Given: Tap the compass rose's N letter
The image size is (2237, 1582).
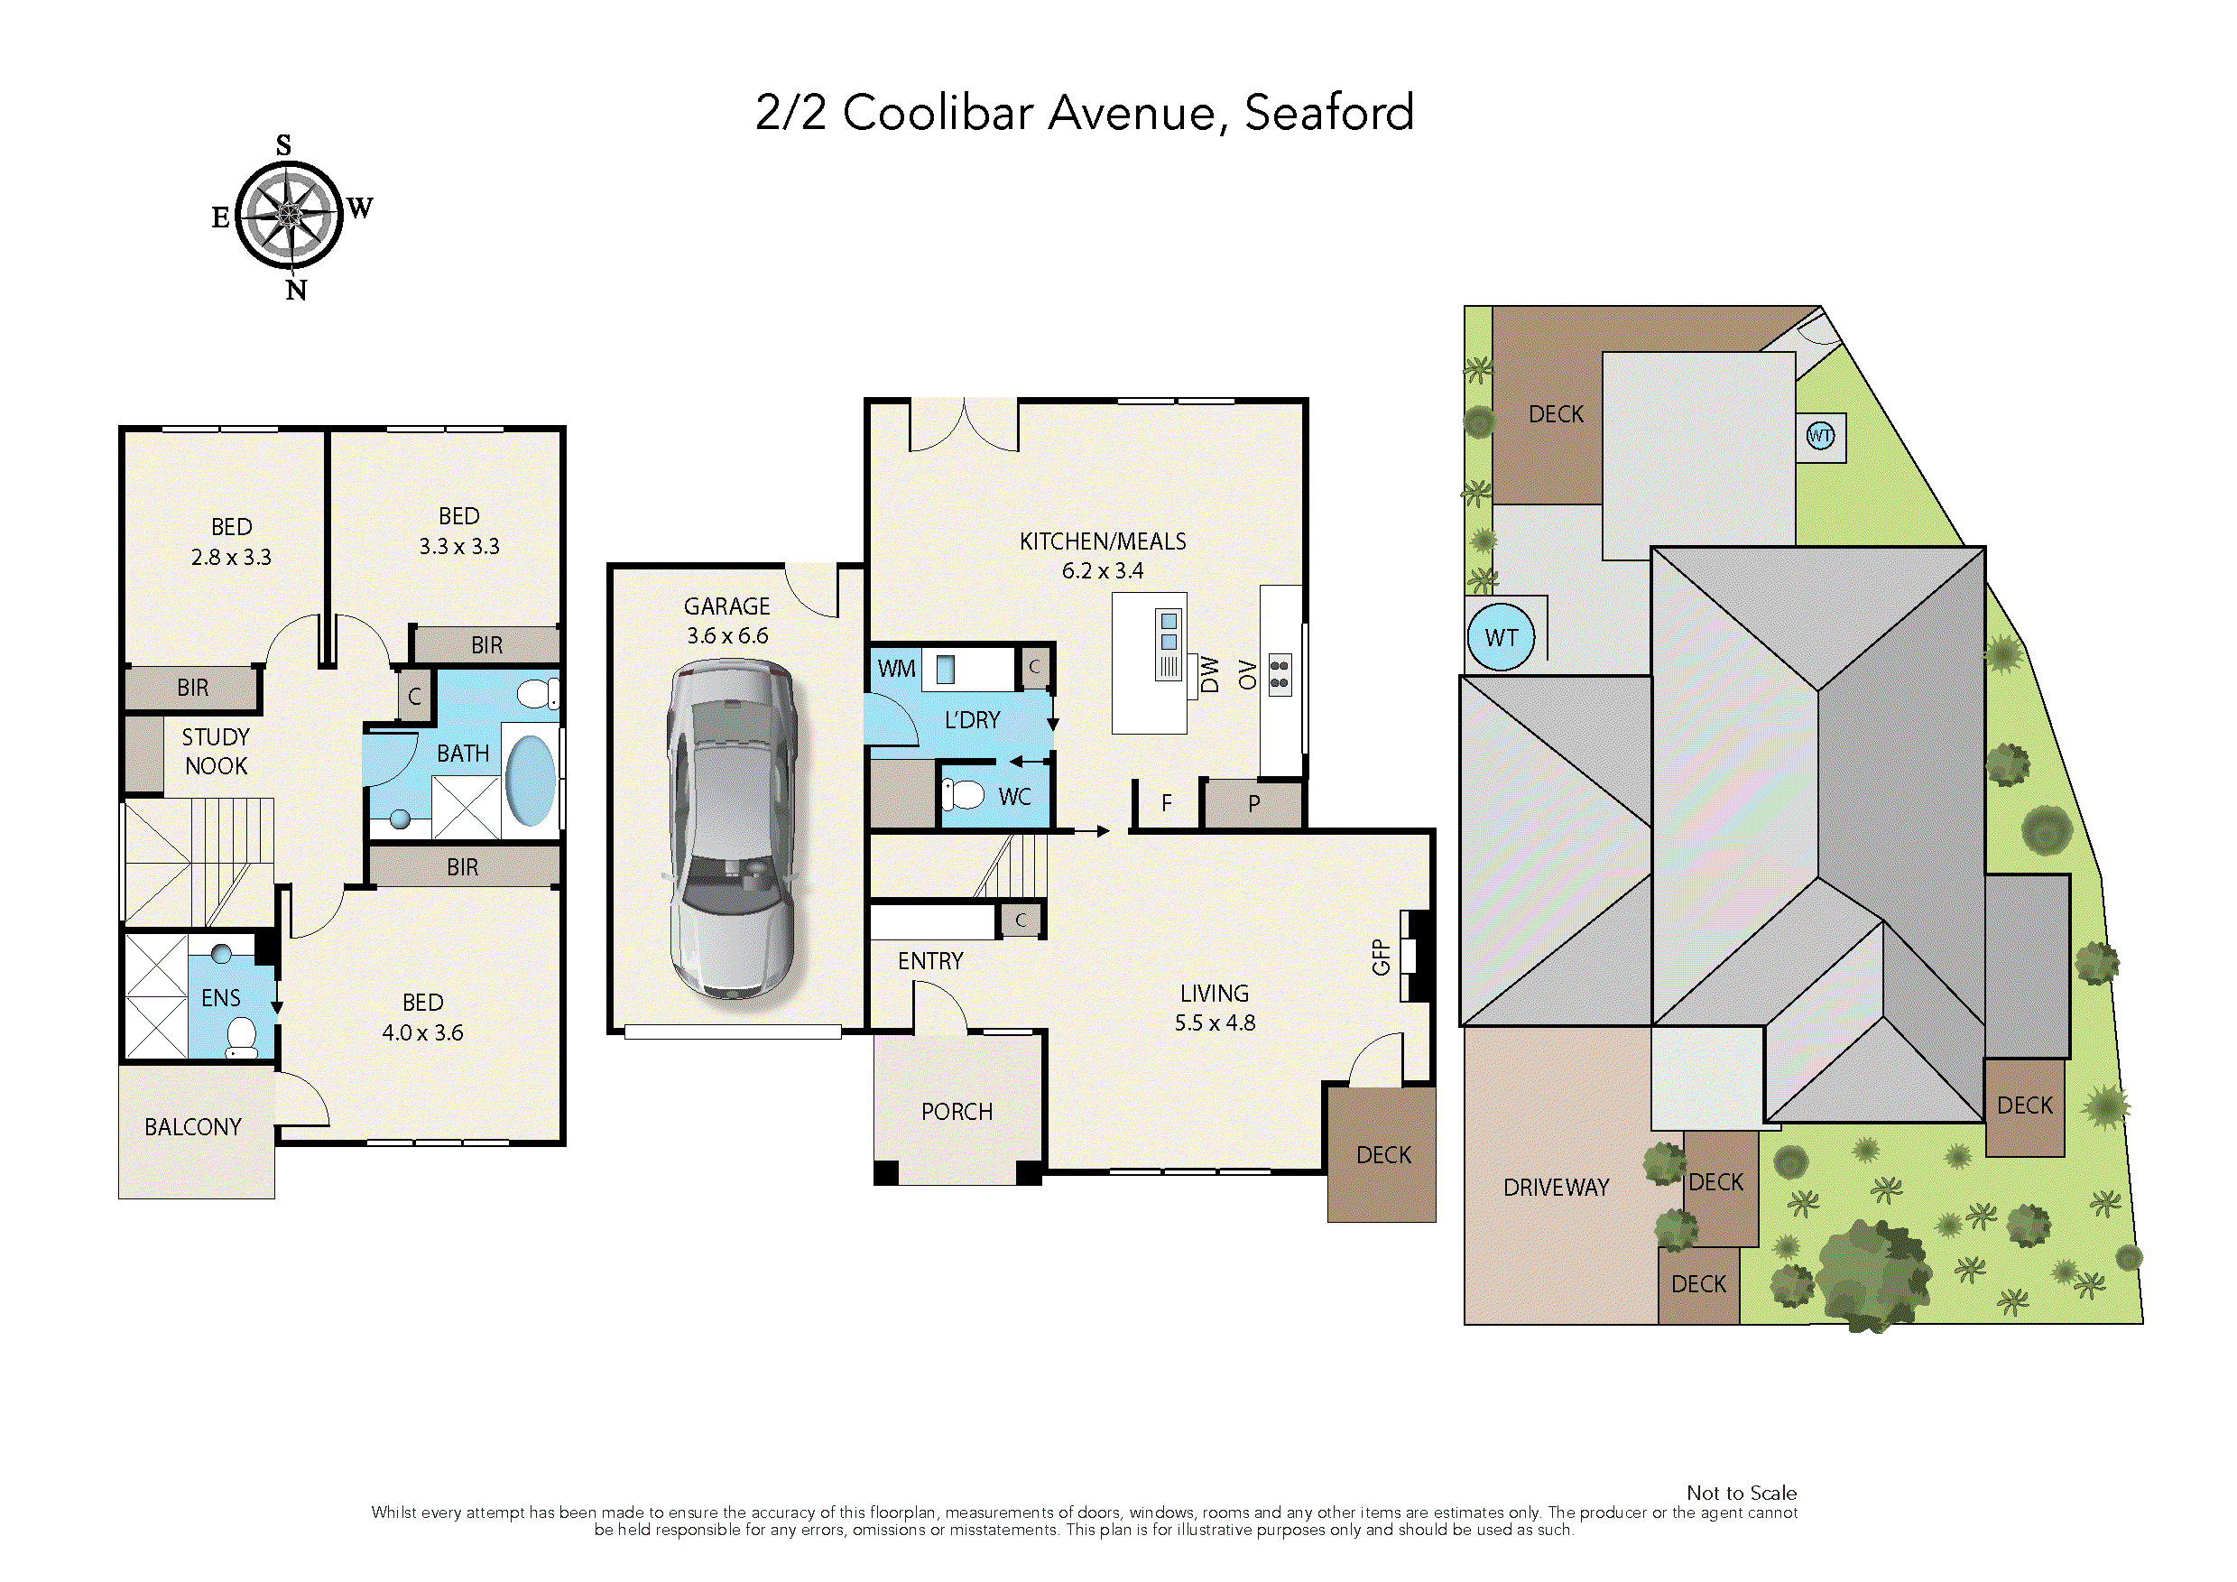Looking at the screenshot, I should point(296,291).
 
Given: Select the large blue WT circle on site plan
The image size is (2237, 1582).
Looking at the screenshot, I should point(1501,637).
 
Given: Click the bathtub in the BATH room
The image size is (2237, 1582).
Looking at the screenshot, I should point(530,781).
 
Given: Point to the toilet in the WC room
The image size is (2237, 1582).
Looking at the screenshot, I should point(966,795).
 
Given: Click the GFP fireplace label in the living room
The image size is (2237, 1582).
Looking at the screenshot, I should point(1381,957).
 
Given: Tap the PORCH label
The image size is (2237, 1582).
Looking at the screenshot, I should point(957,1112).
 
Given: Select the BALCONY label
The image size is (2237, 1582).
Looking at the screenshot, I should point(193,1127).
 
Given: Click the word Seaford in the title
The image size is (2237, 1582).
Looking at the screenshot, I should point(1329,113).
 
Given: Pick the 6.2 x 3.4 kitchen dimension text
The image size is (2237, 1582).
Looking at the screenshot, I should point(1102,571).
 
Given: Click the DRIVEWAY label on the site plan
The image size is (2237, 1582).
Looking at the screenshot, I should point(1556,1188).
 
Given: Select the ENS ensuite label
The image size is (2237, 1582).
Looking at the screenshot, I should point(220,998).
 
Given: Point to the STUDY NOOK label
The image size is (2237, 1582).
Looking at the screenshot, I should point(216,752).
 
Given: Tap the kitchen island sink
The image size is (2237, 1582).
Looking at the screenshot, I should point(1169,631).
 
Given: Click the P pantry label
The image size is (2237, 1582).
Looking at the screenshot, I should point(1254,805).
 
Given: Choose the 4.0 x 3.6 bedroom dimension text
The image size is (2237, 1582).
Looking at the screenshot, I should point(422,1032).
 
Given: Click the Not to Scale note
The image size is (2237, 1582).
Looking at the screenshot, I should point(1741,1493).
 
